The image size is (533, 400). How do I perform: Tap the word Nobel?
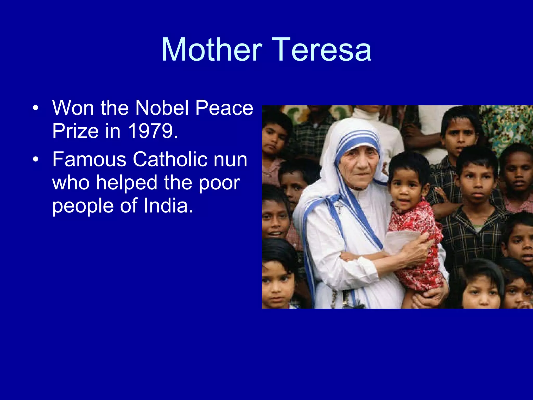(162, 108)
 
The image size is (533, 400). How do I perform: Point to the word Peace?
(224, 108)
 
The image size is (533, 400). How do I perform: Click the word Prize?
(75, 131)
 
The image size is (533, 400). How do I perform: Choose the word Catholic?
(170, 159)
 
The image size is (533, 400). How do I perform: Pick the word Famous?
(89, 159)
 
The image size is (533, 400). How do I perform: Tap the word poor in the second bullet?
(219, 183)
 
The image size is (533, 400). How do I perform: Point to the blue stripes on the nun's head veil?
(357, 139)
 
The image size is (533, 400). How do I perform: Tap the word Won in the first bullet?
(73, 108)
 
